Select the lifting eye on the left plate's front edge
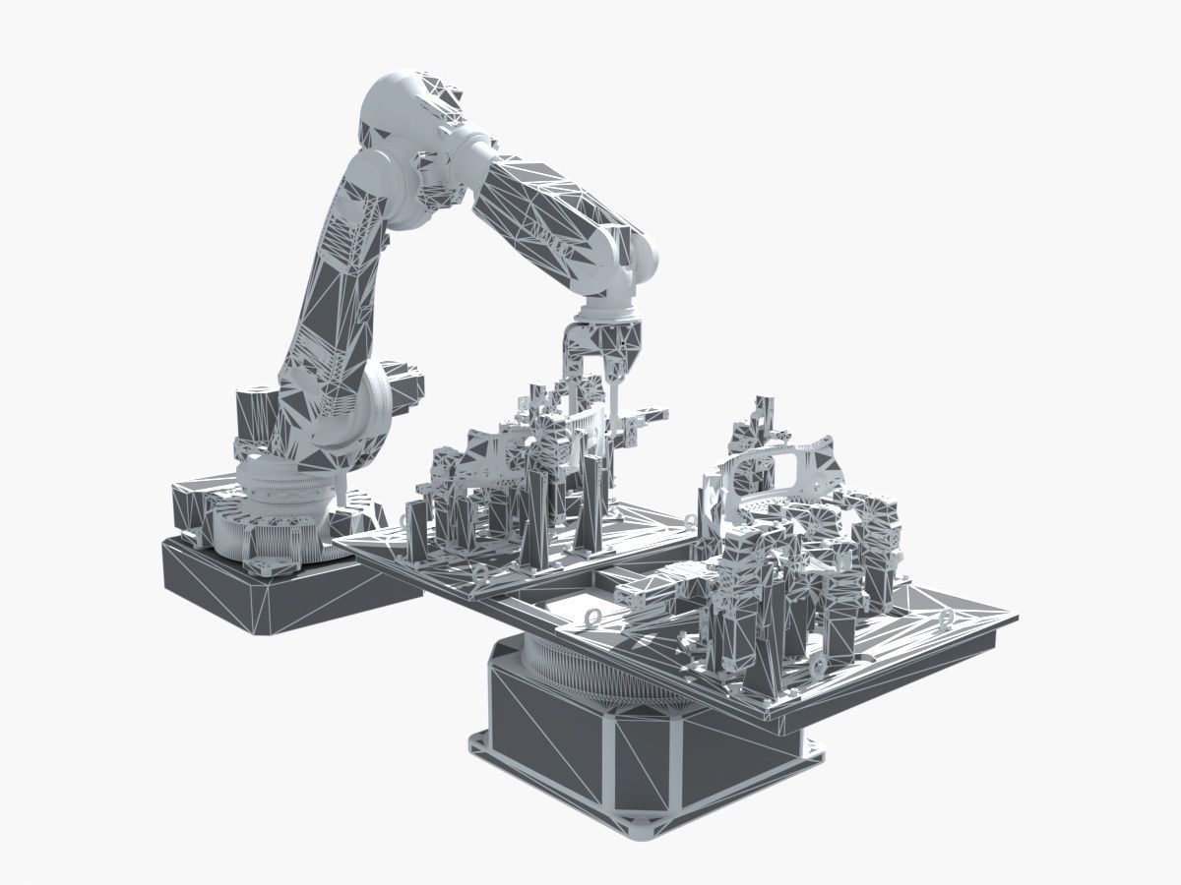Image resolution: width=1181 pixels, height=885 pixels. point(480,572)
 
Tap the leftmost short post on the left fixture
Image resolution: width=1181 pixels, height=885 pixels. point(416,531)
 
